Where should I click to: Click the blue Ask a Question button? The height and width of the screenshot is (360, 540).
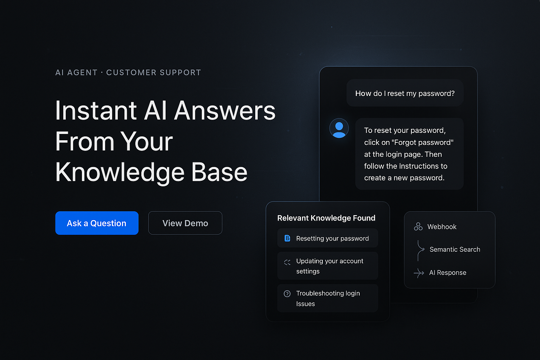pyautogui.click(x=97, y=223)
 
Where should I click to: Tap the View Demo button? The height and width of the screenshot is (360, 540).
pyautogui.click(x=185, y=223)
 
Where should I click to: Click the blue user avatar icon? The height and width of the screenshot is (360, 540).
pyautogui.click(x=339, y=128)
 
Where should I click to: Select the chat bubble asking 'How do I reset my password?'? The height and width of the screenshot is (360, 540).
pyautogui.click(x=405, y=93)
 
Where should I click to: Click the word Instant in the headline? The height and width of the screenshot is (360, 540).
pyautogui.click(x=96, y=110)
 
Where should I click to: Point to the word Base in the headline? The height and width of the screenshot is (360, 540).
pyautogui.click(x=219, y=172)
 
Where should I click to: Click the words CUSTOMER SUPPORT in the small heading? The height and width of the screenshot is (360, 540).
pyautogui.click(x=154, y=72)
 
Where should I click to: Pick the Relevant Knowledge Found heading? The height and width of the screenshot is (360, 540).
pyautogui.click(x=326, y=218)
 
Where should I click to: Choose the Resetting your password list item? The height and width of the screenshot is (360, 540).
pyautogui.click(x=332, y=238)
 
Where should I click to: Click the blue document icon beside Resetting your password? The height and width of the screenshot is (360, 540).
pyautogui.click(x=287, y=238)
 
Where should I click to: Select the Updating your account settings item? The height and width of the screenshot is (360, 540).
pyautogui.click(x=330, y=266)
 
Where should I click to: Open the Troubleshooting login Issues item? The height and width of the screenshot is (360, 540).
pyautogui.click(x=328, y=298)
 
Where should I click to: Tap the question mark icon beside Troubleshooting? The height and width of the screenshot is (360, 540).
pyautogui.click(x=287, y=294)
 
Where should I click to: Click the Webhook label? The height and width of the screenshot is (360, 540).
pyautogui.click(x=442, y=227)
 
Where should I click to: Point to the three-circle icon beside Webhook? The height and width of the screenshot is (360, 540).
pyautogui.click(x=418, y=227)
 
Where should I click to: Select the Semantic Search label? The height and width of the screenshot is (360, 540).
pyautogui.click(x=455, y=249)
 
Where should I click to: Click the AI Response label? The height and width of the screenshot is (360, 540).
pyautogui.click(x=448, y=272)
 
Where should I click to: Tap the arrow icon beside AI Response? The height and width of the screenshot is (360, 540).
pyautogui.click(x=419, y=273)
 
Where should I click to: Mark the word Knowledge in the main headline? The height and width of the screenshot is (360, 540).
pyautogui.click(x=120, y=172)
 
